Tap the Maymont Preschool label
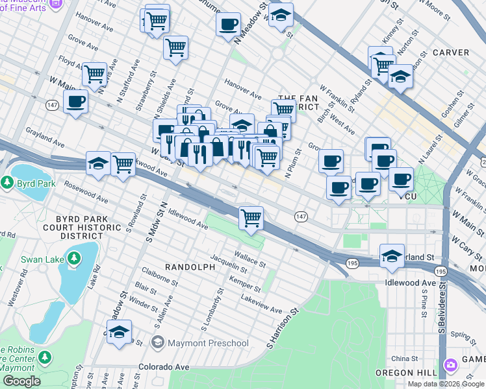click(x=207, y=343)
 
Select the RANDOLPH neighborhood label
click(x=190, y=266)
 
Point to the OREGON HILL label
click(x=403, y=373)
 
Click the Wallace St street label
click(x=250, y=261)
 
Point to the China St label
click(x=403, y=358)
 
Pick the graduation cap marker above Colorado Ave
click(x=119, y=332)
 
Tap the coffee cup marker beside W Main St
click(x=76, y=101)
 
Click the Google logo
click(x=21, y=381)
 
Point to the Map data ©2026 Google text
click(x=445, y=384)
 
